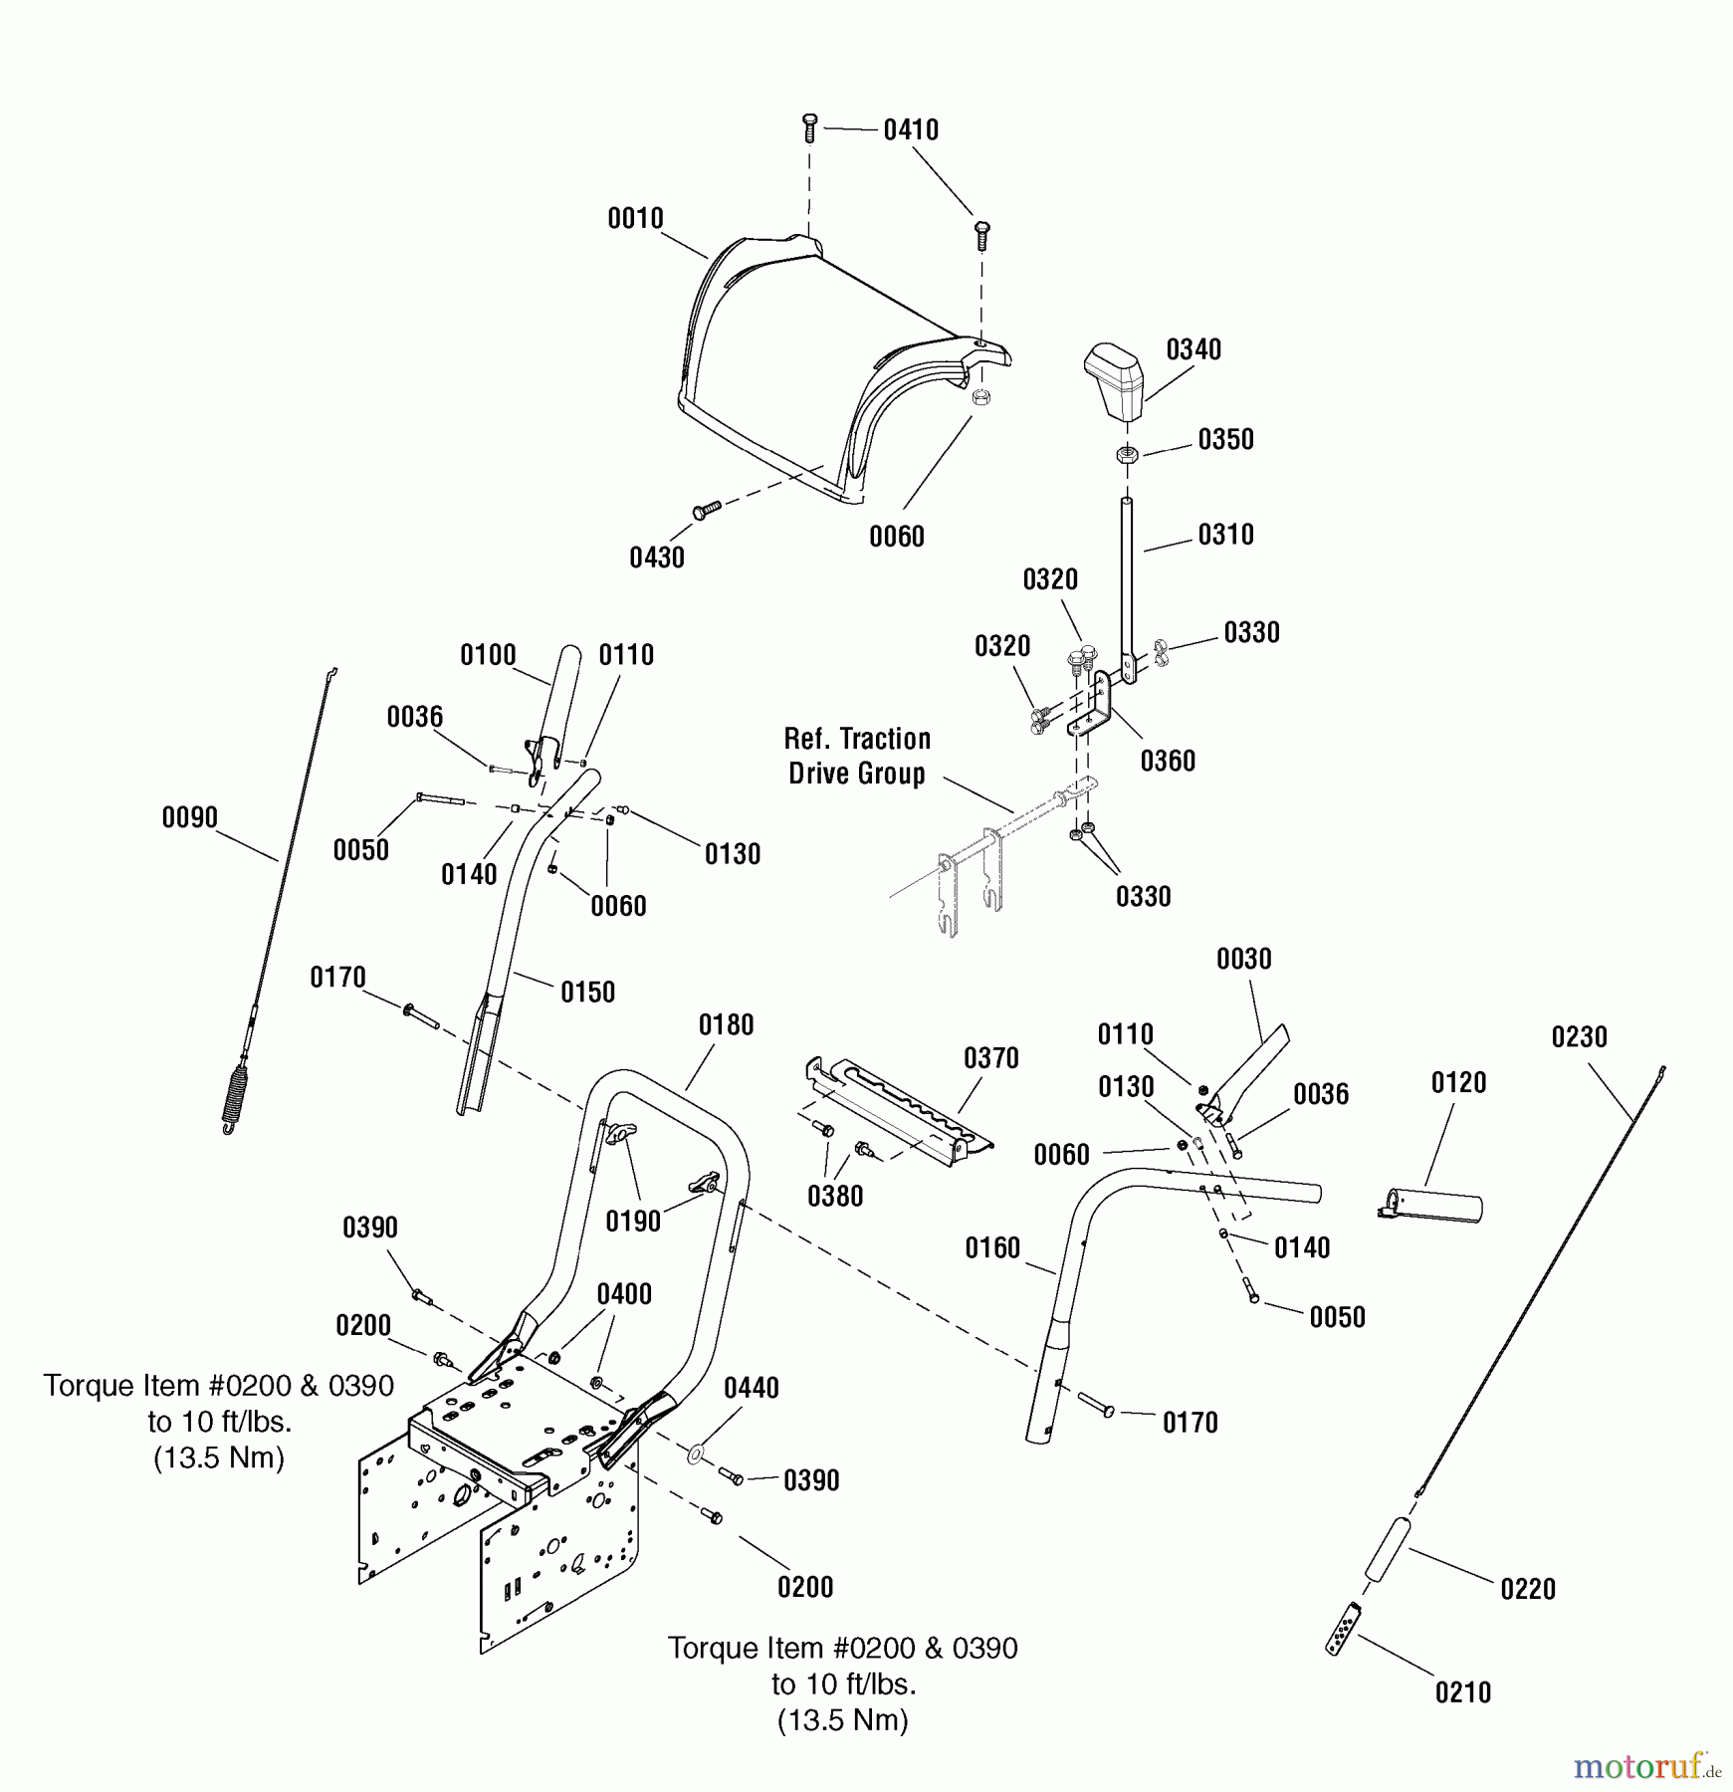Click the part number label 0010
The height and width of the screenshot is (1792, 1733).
[x=635, y=219]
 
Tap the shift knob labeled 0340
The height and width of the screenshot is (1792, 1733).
[x=1115, y=383]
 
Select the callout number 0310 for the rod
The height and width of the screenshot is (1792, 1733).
[x=1225, y=535]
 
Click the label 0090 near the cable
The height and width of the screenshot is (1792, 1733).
[x=189, y=818]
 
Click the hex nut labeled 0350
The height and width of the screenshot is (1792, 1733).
[x=1128, y=455]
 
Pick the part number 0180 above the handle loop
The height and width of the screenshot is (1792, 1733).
[x=726, y=1025]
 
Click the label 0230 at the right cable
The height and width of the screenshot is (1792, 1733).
[x=1579, y=1037]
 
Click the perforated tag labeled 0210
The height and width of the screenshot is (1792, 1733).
[x=1343, y=1629]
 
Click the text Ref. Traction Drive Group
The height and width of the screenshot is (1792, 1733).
[x=857, y=757]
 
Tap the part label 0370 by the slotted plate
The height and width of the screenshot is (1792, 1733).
[x=990, y=1058]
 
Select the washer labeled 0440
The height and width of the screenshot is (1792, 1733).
[x=695, y=1455]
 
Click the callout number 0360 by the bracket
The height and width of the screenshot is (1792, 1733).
[x=1167, y=762]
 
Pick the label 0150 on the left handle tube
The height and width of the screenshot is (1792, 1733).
[x=587, y=993]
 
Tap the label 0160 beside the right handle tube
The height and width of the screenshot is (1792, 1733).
[x=992, y=1248]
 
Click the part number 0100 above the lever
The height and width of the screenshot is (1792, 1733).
[x=488, y=656]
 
